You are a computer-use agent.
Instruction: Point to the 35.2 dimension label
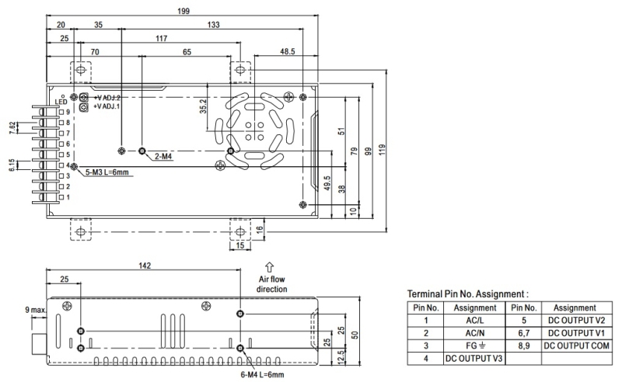[x=204, y=106]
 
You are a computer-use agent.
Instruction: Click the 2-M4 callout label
[x=163, y=157]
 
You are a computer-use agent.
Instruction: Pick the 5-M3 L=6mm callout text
[x=107, y=172]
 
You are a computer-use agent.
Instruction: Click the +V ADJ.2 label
[x=107, y=98]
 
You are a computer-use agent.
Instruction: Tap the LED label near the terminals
[x=61, y=102]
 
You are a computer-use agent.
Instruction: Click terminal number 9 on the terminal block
[x=68, y=113]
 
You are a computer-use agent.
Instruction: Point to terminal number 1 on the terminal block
[x=68, y=197]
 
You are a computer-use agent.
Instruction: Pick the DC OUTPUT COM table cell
[x=575, y=346]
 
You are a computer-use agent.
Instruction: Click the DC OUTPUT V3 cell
[x=473, y=358]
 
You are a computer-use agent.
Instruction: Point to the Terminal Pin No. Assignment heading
[x=467, y=294]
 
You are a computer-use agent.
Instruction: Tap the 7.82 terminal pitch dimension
[x=12, y=128]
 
